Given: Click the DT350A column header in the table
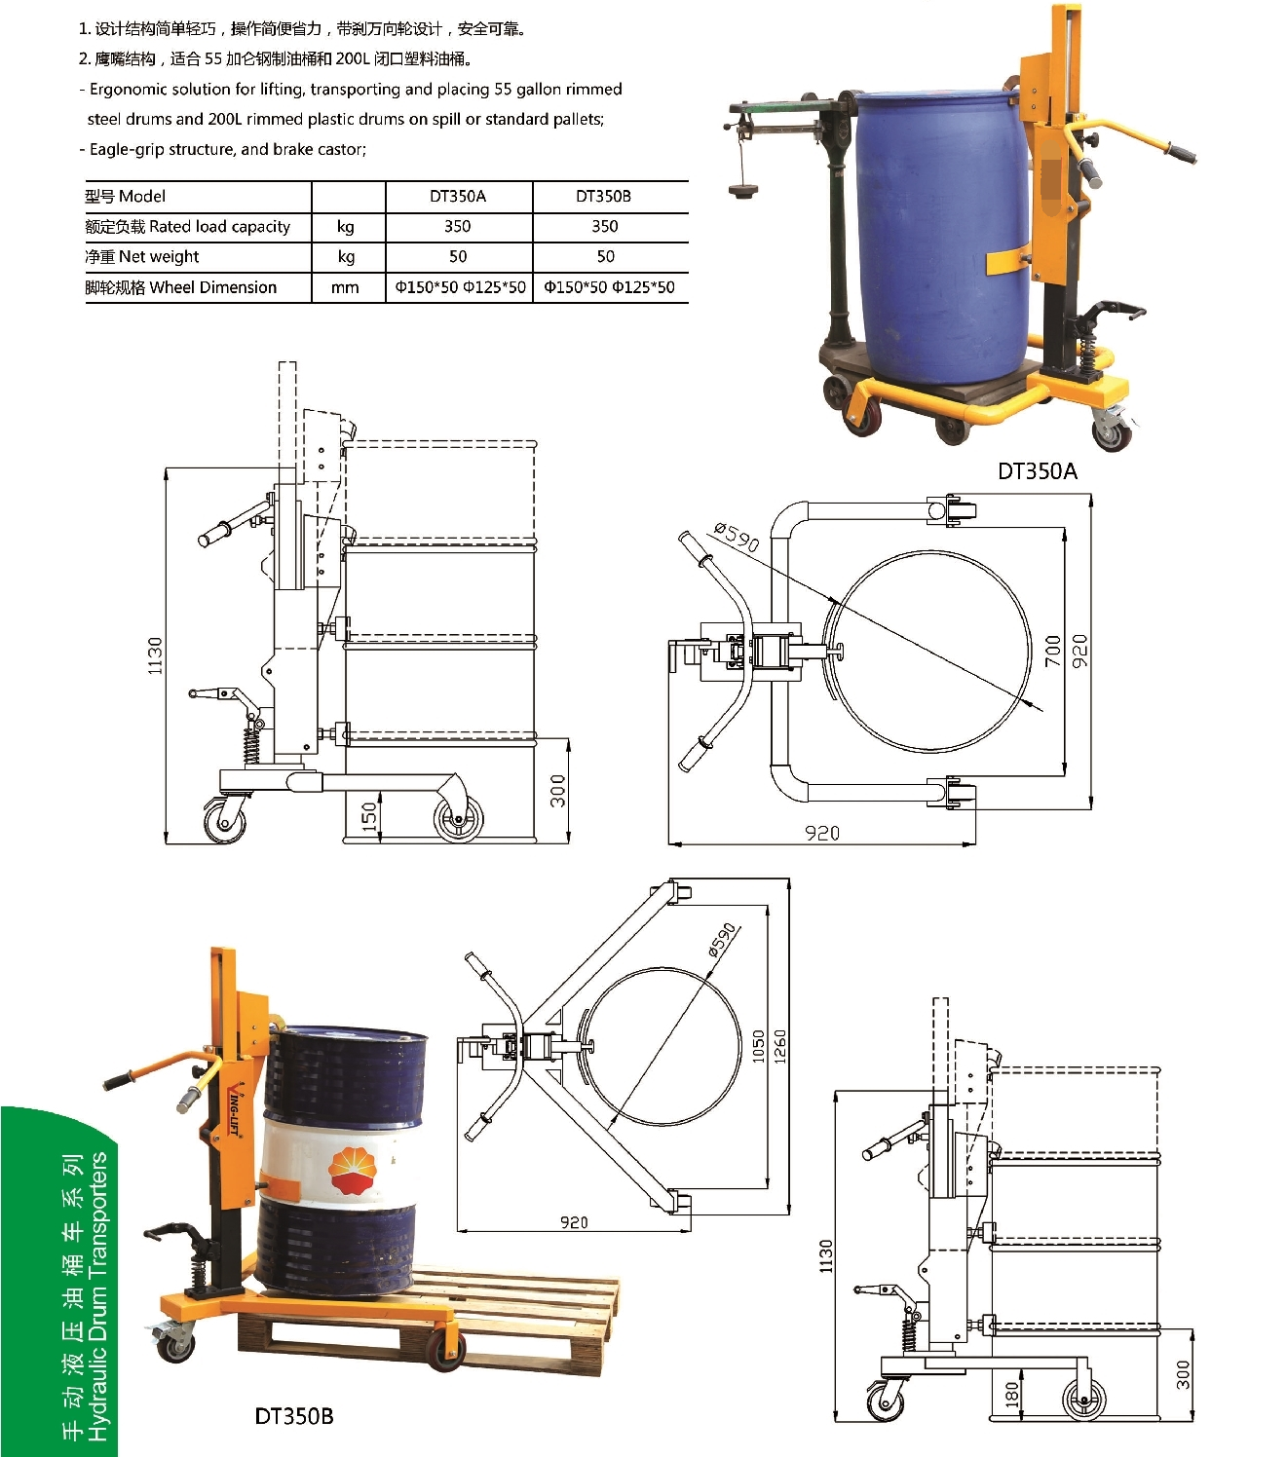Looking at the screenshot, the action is pyautogui.click(x=458, y=197).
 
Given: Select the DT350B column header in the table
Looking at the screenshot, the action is pyautogui.click(x=604, y=197).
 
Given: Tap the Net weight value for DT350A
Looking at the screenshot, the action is pyautogui.click(x=458, y=257).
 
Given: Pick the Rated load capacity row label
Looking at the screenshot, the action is pyautogui.click(x=188, y=227).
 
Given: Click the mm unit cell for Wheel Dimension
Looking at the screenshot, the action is pyautogui.click(x=345, y=287).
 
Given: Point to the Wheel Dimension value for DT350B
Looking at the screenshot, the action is pyautogui.click(x=609, y=287).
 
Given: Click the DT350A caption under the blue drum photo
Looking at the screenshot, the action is pyautogui.click(x=1038, y=471).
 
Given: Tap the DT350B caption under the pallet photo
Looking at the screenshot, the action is pyautogui.click(x=294, y=1416).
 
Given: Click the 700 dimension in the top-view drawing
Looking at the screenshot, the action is pyautogui.click(x=1052, y=651).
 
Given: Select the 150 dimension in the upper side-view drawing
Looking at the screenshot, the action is pyautogui.click(x=368, y=817).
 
